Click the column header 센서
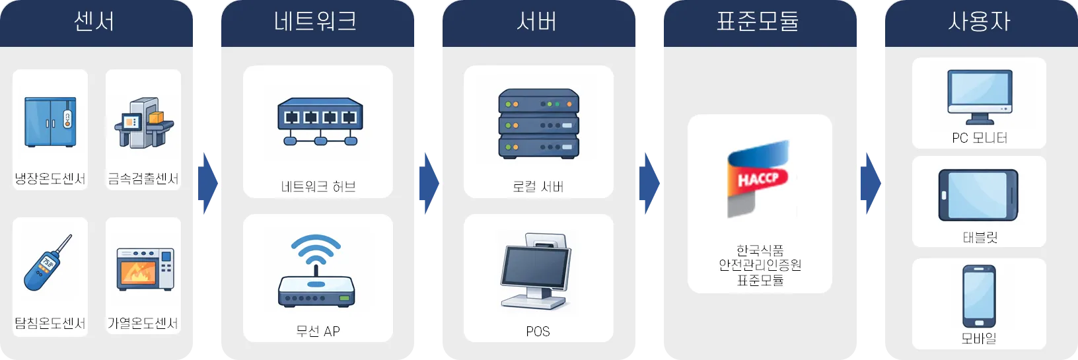click(94, 22)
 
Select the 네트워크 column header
click(316, 22)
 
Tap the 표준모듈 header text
click(758, 22)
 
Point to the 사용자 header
click(979, 22)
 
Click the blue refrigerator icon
click(50, 122)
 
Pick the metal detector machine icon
click(143, 123)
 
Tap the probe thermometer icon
click(48, 263)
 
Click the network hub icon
click(320, 122)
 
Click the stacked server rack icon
click(538, 124)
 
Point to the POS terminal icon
click(536, 271)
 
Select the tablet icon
click(978, 196)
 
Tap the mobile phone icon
click(979, 297)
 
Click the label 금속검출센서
click(143, 178)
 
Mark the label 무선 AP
click(318, 331)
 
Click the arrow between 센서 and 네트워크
click(207, 182)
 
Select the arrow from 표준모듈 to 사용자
click(871, 182)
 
